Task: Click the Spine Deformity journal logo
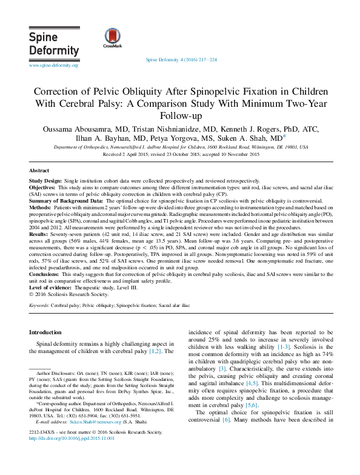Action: click(54, 44)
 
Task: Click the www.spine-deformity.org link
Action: click(53, 65)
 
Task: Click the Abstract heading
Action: click(39, 172)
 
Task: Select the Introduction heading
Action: click(45, 332)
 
